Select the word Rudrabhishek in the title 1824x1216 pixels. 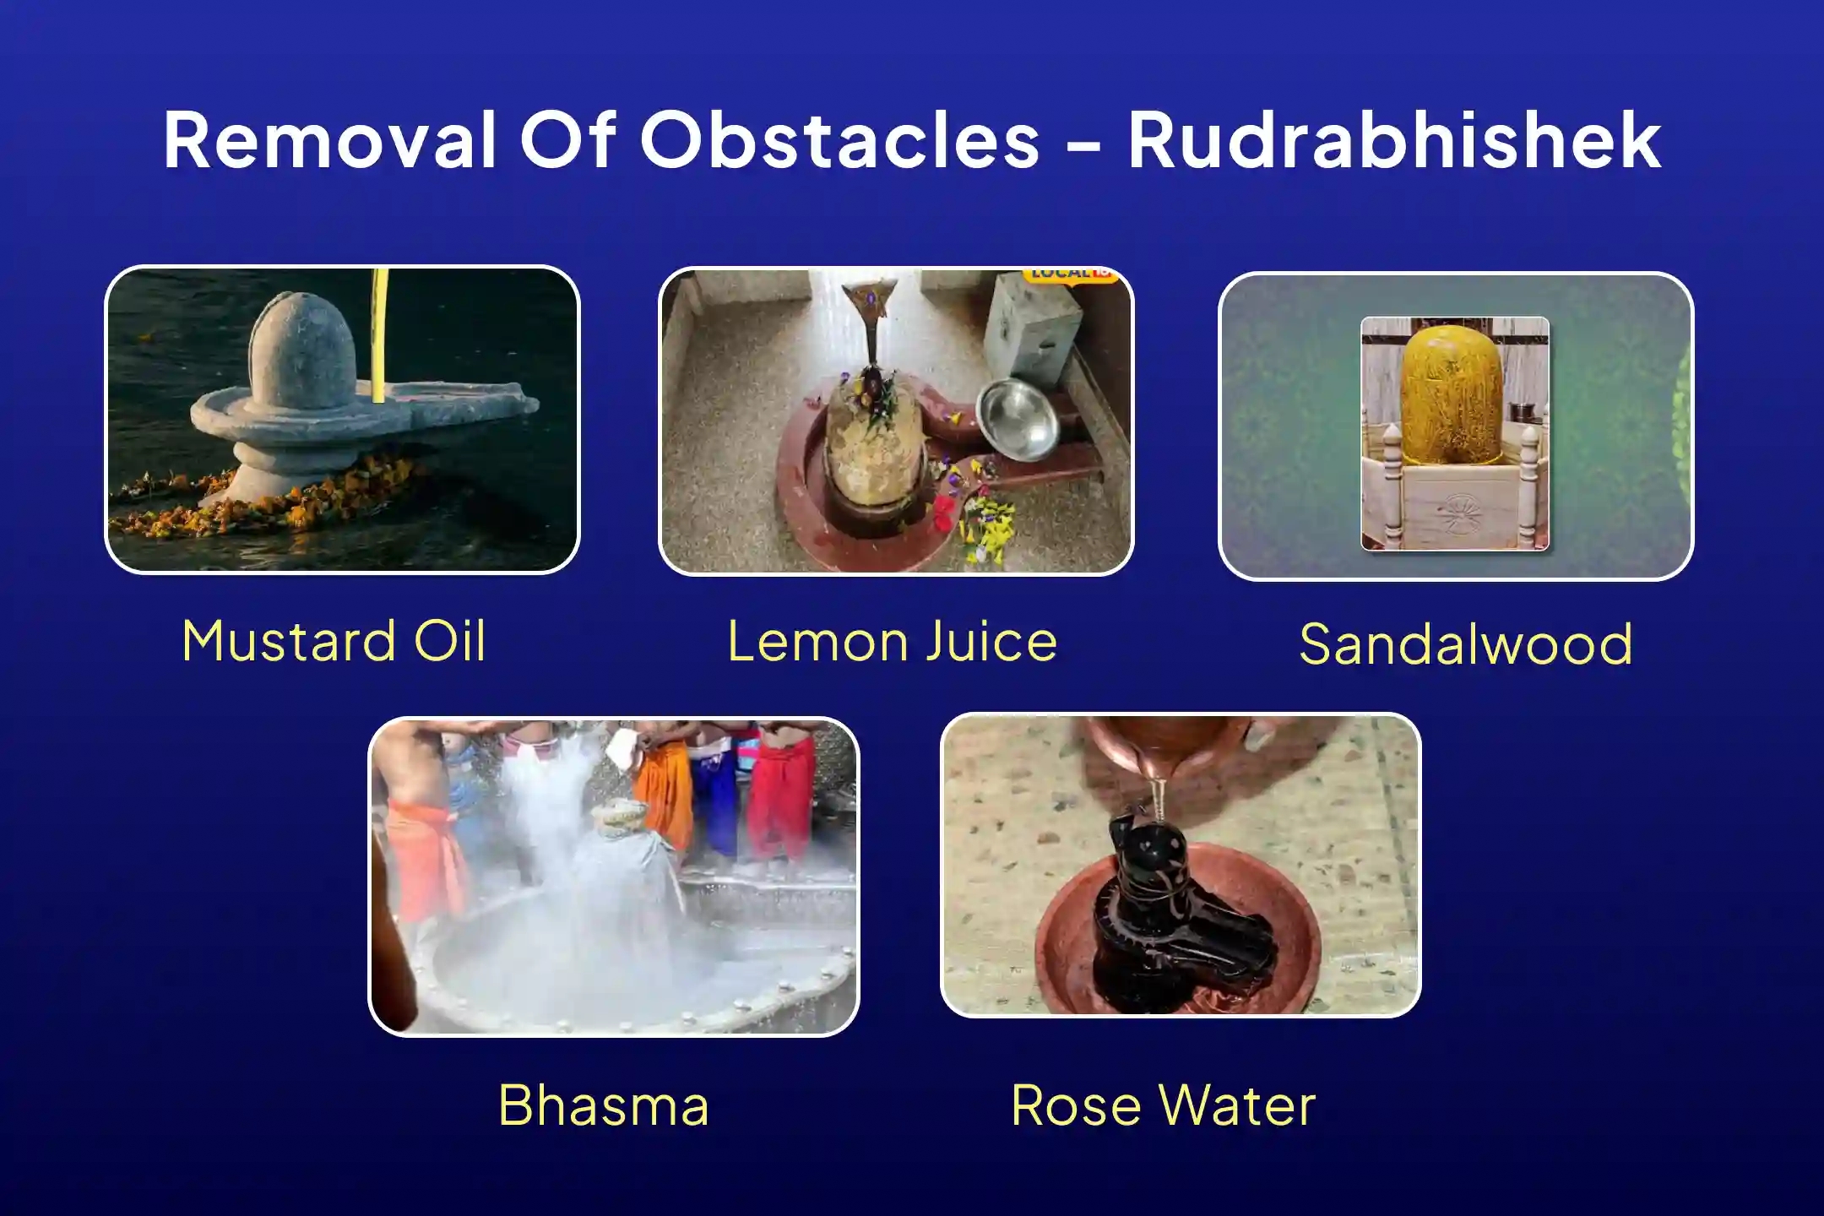pyautogui.click(x=1395, y=139)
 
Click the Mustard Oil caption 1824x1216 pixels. pyautogui.click(x=334, y=641)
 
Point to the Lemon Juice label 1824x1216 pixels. pyautogui.click(x=893, y=641)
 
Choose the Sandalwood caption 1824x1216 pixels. pyautogui.click(x=1466, y=644)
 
